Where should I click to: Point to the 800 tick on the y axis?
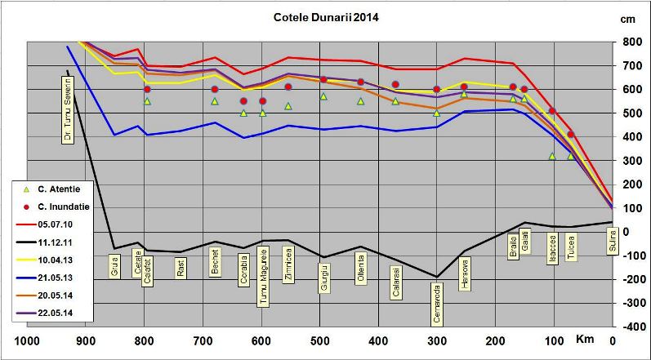(x=631, y=42)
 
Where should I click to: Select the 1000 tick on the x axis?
(x=27, y=340)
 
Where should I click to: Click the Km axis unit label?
(x=585, y=339)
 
